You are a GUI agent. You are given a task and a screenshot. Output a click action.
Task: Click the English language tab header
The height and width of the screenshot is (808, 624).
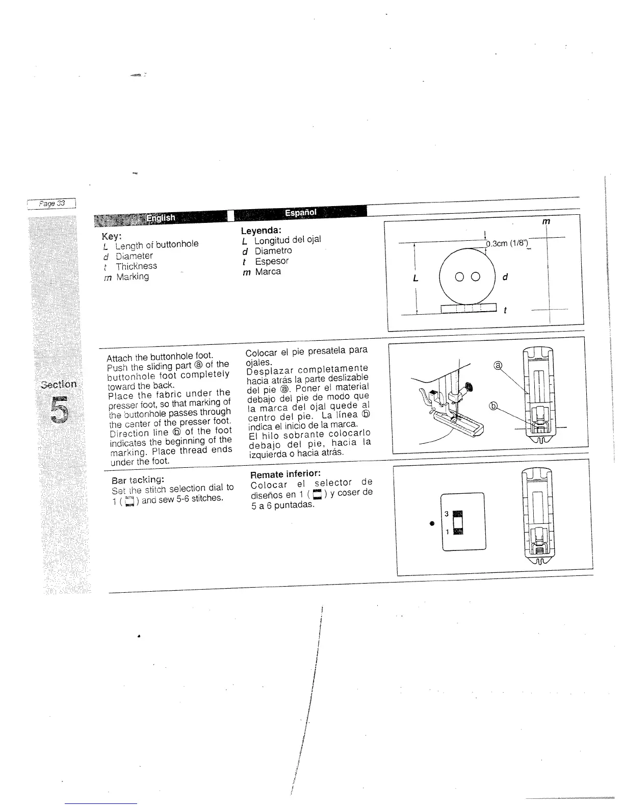coord(161,218)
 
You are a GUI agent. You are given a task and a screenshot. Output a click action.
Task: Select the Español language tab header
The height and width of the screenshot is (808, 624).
coord(301,212)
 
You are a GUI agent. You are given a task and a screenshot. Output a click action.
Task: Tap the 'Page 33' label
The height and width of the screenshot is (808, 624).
coord(53,203)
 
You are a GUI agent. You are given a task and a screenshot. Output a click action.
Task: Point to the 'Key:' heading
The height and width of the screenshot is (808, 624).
coord(112,236)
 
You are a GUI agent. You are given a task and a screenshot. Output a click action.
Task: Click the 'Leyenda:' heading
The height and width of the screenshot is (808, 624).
coord(257,231)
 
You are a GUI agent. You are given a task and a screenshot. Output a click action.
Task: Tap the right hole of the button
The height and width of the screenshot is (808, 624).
coord(476,277)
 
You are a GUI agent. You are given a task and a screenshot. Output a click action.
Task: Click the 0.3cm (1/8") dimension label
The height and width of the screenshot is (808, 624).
coord(507,243)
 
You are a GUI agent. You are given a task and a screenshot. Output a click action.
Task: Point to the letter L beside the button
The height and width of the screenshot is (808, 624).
coord(415,279)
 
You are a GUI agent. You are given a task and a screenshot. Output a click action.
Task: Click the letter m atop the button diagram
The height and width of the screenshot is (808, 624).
coord(546,221)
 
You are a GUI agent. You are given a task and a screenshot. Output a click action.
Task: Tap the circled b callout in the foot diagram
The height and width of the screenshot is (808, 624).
coord(493,406)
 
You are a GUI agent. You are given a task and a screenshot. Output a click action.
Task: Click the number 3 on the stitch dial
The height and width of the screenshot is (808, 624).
coord(446,514)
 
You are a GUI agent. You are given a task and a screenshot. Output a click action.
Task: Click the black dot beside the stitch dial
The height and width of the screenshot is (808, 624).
coord(432,523)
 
